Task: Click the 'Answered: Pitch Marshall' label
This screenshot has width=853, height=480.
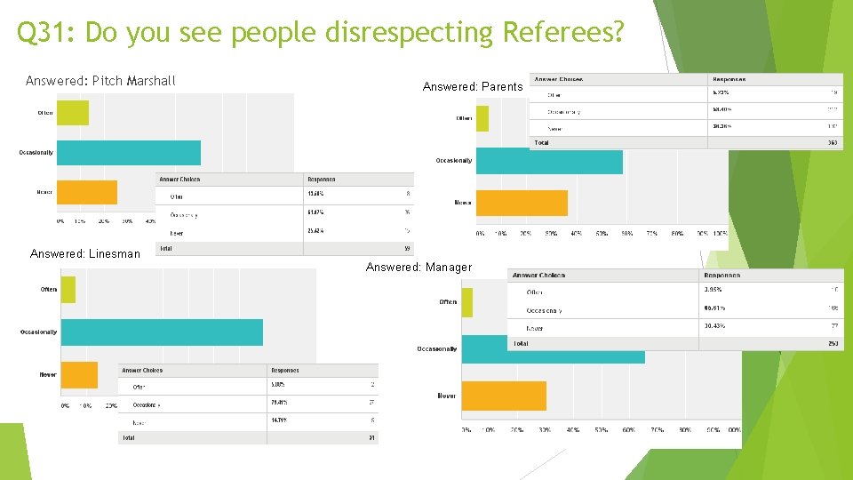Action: click(100, 81)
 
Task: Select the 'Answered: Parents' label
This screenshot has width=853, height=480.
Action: click(473, 86)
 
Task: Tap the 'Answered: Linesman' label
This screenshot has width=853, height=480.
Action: click(85, 253)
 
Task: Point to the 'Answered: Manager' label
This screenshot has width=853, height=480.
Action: click(419, 267)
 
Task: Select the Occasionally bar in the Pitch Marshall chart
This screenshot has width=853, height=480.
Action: click(129, 153)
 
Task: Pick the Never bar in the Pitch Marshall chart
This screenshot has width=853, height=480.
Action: click(87, 192)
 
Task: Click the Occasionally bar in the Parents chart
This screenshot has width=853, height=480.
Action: click(549, 161)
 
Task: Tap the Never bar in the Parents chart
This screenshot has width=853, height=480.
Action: click(522, 204)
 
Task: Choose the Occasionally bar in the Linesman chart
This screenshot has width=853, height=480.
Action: click(162, 332)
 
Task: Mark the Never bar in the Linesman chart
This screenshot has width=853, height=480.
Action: click(79, 374)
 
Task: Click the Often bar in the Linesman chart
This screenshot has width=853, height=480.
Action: click(68, 290)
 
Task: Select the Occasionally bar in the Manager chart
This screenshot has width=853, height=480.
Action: click(553, 348)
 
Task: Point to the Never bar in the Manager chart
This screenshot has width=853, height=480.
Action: click(504, 396)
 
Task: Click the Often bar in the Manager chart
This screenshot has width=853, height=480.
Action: click(467, 302)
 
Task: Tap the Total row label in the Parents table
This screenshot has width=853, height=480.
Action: click(541, 142)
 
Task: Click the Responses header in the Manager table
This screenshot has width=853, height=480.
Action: click(721, 276)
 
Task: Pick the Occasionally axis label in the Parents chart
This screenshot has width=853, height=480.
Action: click(454, 161)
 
